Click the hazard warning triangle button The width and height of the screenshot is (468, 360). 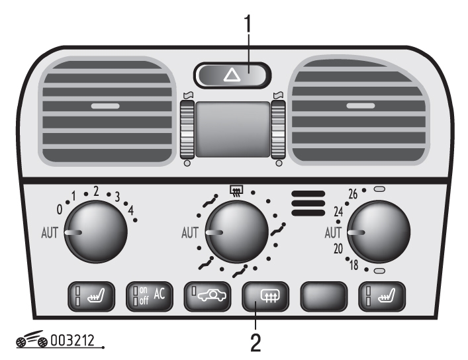point(232,75)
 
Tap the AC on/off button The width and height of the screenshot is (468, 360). point(150,296)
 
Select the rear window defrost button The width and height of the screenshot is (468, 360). point(265,296)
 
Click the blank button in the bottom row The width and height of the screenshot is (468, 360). point(324,296)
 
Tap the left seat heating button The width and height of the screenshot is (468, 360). point(91,296)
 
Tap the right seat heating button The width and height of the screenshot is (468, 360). point(382,296)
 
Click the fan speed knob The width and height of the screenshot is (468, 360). point(96,232)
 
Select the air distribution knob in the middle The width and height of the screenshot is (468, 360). point(237,232)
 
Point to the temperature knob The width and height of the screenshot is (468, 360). point(379,232)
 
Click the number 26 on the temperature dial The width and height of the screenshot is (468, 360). point(353,194)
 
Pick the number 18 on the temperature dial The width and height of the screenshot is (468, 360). point(354,265)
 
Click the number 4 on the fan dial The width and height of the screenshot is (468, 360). point(130,210)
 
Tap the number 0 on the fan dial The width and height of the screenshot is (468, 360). point(60,210)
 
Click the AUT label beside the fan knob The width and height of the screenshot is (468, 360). point(50,233)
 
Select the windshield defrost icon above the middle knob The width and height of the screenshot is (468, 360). point(236,191)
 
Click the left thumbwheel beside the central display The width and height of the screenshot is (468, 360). point(187,130)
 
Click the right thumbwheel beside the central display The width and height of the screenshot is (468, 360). point(278,130)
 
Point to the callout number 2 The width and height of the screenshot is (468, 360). point(256,343)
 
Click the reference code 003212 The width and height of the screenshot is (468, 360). point(73,341)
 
